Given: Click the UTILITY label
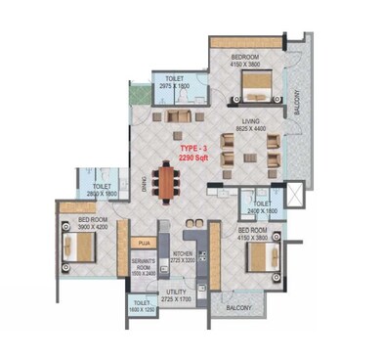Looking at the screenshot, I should point(176,291).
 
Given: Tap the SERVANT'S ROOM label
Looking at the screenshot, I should point(144,264).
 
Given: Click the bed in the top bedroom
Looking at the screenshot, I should point(253,93).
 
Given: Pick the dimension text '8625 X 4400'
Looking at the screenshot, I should point(252,129).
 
